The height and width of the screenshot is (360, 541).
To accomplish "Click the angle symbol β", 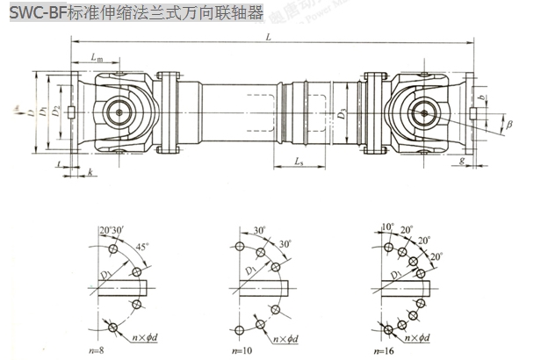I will click(x=509, y=127).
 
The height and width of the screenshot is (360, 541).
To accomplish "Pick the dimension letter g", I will click(x=462, y=162).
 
